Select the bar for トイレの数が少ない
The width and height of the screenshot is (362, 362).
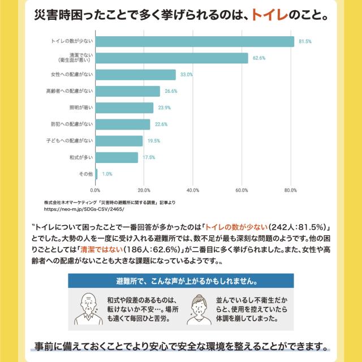click(195, 42)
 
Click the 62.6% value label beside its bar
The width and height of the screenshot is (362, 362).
click(259, 58)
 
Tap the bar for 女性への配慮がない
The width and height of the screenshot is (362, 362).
click(136, 75)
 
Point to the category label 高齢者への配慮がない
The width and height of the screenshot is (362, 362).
click(69, 91)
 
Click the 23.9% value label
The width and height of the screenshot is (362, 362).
click(164, 107)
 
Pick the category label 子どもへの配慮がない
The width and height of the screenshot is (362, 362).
click(69, 140)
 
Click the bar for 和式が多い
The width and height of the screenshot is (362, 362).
click(117, 157)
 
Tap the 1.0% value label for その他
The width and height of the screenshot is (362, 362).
click(107, 174)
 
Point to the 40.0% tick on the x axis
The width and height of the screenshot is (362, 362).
click(193, 189)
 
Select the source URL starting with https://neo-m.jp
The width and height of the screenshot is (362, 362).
click(83, 209)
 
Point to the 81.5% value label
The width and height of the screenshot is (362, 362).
click(305, 42)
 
